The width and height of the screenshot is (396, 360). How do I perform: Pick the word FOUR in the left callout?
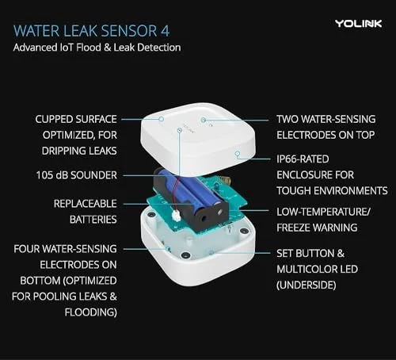(x=29, y=249)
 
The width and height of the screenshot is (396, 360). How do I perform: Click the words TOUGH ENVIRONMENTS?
(x=332, y=190)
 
